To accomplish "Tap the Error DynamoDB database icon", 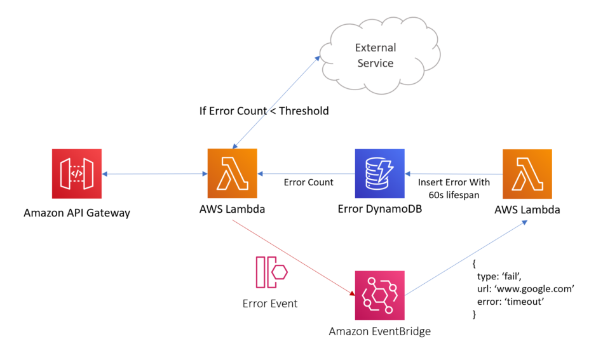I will [x=379, y=174].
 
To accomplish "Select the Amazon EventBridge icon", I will [x=379, y=295].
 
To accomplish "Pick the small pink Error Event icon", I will [x=271, y=273].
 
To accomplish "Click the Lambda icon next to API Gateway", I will [x=233, y=174].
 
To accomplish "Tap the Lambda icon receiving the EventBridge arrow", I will [x=527, y=174].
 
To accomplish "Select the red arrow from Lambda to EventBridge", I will [x=292, y=257].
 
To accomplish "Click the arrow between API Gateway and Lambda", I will [x=154, y=174].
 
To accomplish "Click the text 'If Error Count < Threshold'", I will [x=264, y=111].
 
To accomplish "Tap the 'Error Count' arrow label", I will [x=308, y=182].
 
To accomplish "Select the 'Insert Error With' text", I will [x=454, y=182].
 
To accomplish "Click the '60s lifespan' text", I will [x=454, y=195].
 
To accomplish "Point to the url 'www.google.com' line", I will [x=525, y=289].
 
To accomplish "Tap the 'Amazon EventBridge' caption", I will [x=379, y=331].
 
